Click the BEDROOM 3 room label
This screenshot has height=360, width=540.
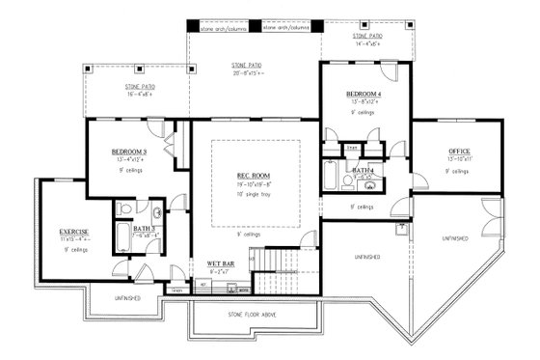click(x=128, y=152)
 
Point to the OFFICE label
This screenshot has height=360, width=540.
click(x=458, y=152)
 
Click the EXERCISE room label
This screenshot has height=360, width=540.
click(x=74, y=232)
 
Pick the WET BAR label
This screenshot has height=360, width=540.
click(x=223, y=263)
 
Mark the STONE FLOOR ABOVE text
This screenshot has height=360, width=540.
click(x=256, y=312)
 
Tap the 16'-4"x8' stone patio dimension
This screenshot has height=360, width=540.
click(x=141, y=95)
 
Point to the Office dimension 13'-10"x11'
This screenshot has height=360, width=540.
click(x=458, y=160)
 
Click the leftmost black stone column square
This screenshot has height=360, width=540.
click(x=192, y=27)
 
